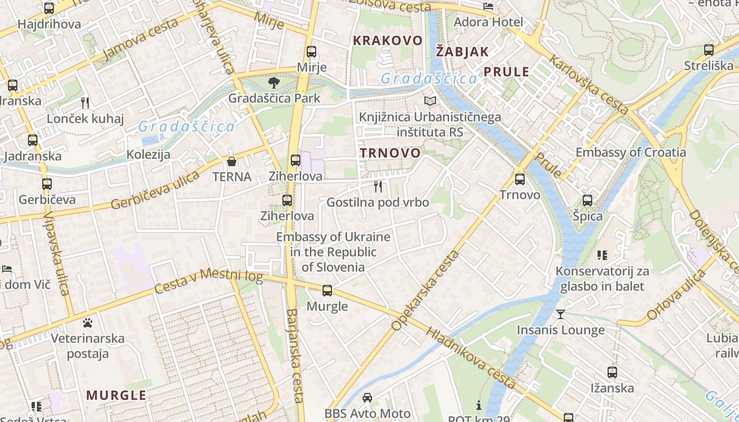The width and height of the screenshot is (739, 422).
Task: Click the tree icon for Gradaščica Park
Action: coord(273,82)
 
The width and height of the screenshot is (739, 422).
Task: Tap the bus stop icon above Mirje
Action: coord(311,52)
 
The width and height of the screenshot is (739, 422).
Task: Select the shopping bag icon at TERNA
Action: coord(231,161)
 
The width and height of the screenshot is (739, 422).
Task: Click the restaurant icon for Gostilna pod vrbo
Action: coord(377,186)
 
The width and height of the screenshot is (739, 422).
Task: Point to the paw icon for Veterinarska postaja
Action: coord(88,322)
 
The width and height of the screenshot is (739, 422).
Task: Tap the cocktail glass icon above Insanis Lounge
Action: coord(560,314)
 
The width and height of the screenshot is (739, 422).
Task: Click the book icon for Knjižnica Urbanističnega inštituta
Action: coord(430,101)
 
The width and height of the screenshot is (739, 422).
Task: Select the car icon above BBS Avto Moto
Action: coord(367,397)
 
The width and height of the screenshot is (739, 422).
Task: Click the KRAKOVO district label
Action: coord(387,41)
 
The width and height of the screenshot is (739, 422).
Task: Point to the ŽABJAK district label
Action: coord(462,52)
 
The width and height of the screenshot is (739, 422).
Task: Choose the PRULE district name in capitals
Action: coord(506,72)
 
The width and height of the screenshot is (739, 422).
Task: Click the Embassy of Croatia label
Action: coord(630,152)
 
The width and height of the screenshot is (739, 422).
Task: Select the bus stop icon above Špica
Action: coord(587,200)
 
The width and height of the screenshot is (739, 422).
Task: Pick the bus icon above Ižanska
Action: coord(612,372)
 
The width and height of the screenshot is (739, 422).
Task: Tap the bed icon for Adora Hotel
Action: coord(488,6)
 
